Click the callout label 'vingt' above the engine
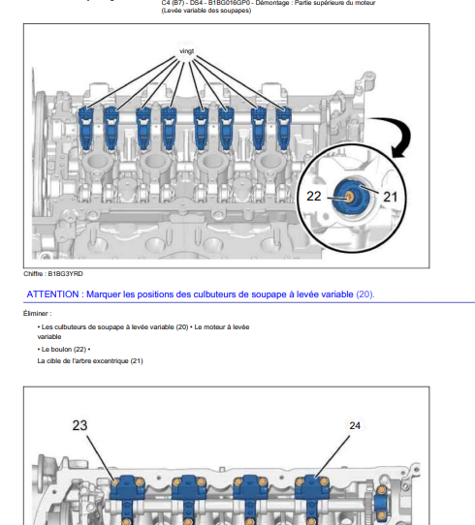(x=186, y=51)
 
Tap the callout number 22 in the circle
(x=314, y=197)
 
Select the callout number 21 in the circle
(x=390, y=197)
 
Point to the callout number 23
(x=79, y=425)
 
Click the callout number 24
(x=355, y=425)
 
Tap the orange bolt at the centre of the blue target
(x=349, y=197)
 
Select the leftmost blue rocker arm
(x=85, y=129)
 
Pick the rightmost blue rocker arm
(x=283, y=129)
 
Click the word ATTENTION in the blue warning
(x=52, y=294)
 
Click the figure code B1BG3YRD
(x=65, y=274)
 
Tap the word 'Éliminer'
(x=36, y=314)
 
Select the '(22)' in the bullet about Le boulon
(x=79, y=350)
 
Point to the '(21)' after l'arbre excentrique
(x=137, y=361)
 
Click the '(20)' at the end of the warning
(x=364, y=294)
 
